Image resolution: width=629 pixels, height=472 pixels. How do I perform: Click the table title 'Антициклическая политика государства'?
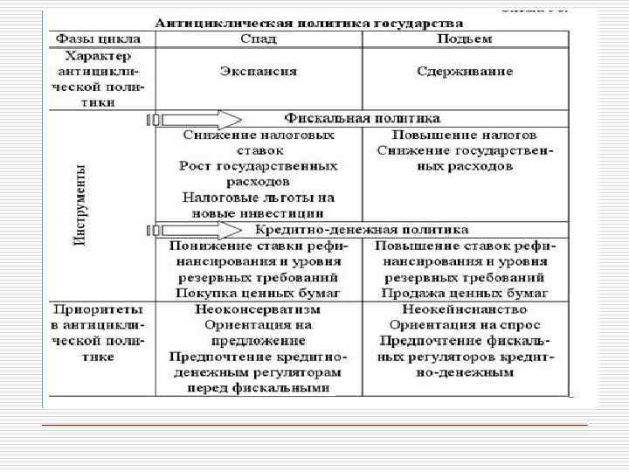click(x=310, y=22)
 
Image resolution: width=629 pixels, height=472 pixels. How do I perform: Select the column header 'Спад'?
click(x=257, y=39)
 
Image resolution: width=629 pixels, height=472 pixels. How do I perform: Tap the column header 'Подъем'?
click(x=463, y=39)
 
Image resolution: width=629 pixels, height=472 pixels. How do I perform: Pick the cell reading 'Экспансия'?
click(x=258, y=72)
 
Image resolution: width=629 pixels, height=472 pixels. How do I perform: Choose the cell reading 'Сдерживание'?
click(x=464, y=72)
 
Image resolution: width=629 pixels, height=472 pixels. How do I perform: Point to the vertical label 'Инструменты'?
click(x=80, y=205)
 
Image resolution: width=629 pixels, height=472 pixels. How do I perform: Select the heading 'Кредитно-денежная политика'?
click(x=362, y=230)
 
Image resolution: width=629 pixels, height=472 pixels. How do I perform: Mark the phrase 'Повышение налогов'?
click(x=464, y=135)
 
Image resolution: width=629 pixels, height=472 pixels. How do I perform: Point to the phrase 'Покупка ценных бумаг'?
click(x=258, y=293)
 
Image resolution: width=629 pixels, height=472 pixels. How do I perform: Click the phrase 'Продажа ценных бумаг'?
click(x=464, y=293)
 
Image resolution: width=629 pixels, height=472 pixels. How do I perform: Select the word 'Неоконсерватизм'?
click(x=258, y=309)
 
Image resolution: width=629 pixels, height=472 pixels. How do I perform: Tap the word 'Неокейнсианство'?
click(x=464, y=309)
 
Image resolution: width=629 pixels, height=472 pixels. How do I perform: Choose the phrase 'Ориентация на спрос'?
click(x=464, y=325)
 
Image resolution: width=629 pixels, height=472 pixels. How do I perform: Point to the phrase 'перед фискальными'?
click(x=258, y=388)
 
